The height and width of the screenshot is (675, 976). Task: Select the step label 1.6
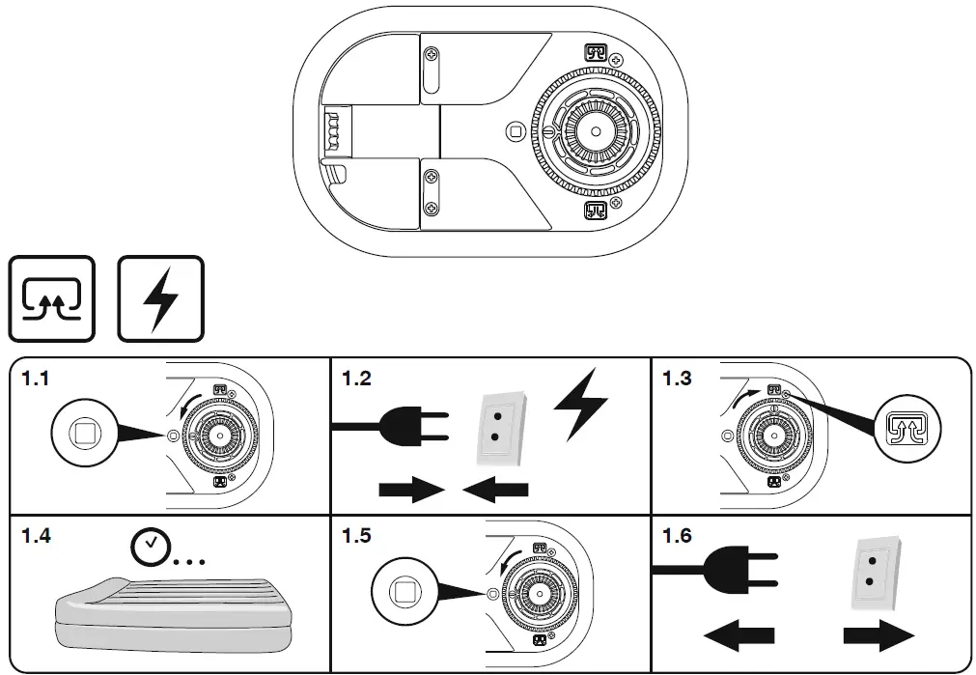[x=677, y=535]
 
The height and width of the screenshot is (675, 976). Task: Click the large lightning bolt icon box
[x=160, y=298]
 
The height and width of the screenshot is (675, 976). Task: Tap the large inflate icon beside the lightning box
[x=52, y=298]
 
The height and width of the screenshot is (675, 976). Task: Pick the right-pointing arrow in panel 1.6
[x=878, y=635]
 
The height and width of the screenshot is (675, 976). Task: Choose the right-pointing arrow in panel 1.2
[x=410, y=490]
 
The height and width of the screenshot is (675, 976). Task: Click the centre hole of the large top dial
[x=596, y=129]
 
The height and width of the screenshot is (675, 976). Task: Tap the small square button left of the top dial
[x=515, y=129]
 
